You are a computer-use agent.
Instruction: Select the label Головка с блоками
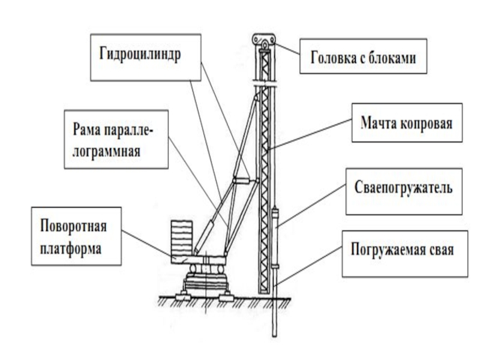click(364, 58)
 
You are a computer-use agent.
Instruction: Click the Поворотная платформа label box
click(76, 236)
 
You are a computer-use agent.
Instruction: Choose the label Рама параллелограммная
click(113, 139)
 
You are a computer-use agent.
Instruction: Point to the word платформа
click(71, 247)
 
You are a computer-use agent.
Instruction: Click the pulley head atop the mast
click(264, 40)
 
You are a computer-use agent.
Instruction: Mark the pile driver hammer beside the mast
click(275, 237)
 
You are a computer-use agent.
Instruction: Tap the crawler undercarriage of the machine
click(205, 282)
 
